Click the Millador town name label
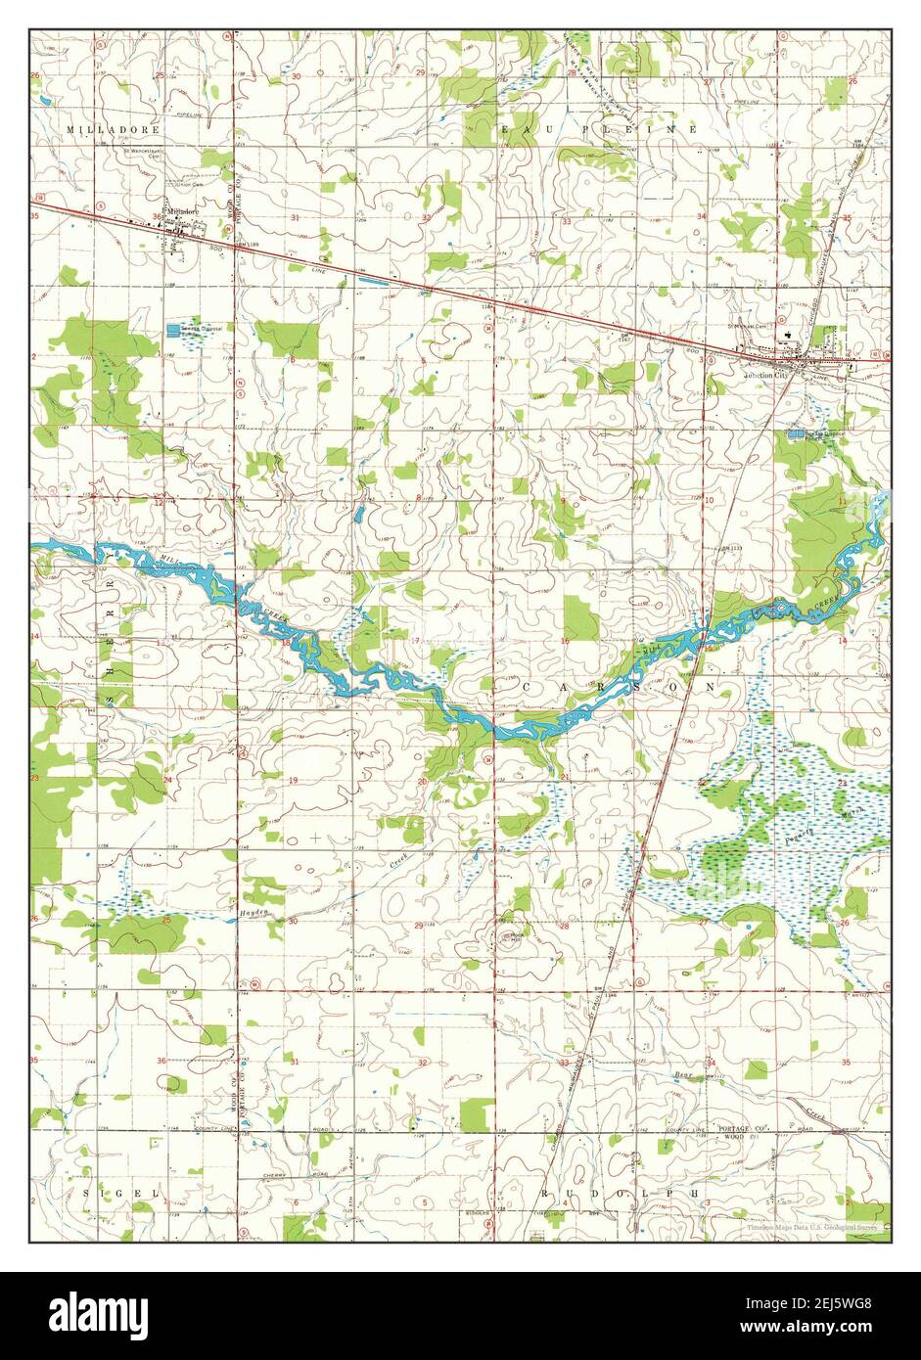point(182,210)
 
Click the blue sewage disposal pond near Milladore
point(174,330)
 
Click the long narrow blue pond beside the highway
point(374,281)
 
